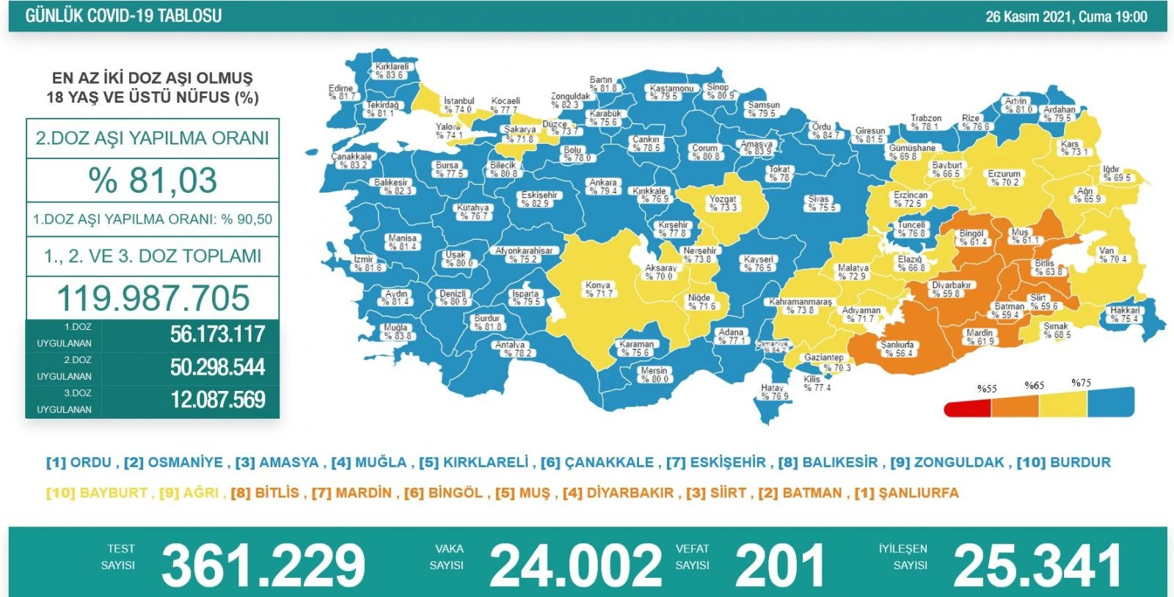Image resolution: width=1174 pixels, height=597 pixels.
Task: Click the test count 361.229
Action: point(263,565)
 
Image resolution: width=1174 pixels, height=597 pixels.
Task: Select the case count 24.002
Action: point(575,565)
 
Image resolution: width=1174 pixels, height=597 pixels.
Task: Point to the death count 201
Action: point(779,565)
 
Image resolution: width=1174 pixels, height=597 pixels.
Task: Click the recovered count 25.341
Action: point(1038,565)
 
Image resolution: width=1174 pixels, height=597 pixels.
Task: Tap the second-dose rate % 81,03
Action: point(153,180)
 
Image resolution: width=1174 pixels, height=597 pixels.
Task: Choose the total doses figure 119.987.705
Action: point(153,298)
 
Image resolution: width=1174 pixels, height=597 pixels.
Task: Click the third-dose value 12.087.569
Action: point(218,400)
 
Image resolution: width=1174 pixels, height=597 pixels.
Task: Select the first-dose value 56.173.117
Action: point(218,334)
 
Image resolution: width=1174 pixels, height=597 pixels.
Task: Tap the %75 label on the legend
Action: point(1081,383)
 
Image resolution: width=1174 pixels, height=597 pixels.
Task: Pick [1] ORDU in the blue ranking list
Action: point(79,463)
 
